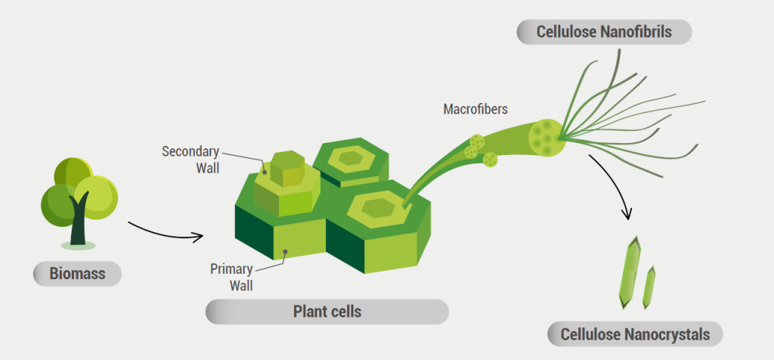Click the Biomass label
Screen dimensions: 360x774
click(77, 274)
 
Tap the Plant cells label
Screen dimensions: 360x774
click(327, 312)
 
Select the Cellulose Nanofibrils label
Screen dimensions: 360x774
click(604, 32)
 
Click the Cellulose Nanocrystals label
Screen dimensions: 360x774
click(636, 334)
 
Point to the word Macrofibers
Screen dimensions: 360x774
click(475, 109)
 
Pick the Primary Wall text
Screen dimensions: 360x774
click(231, 277)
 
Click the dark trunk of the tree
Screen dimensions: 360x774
click(79, 223)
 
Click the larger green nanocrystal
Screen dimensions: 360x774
click(629, 272)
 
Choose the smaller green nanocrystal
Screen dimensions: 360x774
click(649, 287)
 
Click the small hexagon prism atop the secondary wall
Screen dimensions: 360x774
click(286, 168)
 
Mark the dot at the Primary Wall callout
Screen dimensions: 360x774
click(284, 252)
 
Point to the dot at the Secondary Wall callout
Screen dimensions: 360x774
click(265, 171)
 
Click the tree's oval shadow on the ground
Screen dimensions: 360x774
click(79, 246)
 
